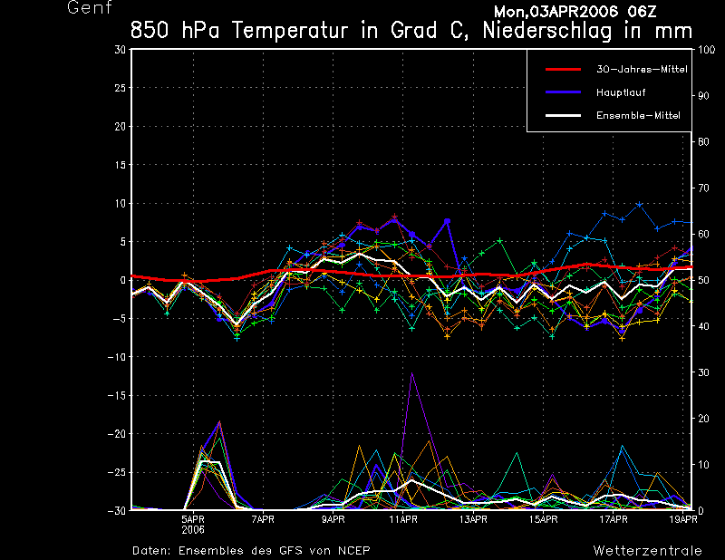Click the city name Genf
tap(90, 8)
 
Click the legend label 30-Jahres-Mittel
tap(635, 69)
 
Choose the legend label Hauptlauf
tap(621, 92)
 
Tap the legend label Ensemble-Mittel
tap(638, 115)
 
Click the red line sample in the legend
tap(562, 69)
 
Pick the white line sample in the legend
tap(562, 115)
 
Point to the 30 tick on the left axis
tap(121, 50)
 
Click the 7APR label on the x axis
tap(263, 519)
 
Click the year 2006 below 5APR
tap(192, 529)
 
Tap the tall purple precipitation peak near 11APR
tap(412, 374)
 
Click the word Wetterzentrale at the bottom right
tap(647, 550)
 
